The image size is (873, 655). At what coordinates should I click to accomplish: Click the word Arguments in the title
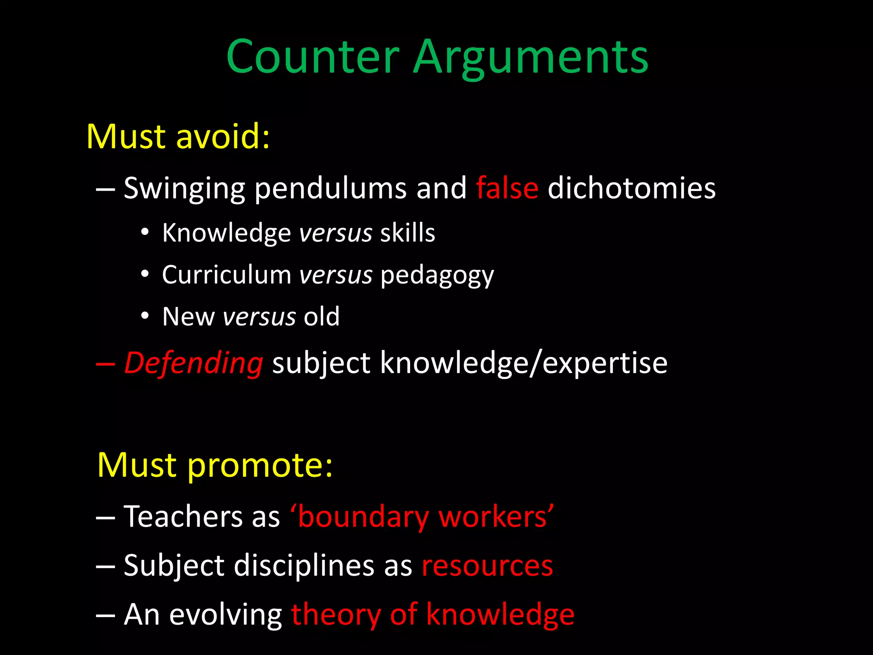(530, 57)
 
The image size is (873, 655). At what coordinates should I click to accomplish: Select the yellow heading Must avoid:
(178, 136)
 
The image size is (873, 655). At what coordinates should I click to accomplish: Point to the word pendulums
(330, 188)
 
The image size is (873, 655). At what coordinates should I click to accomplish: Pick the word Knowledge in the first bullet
(226, 233)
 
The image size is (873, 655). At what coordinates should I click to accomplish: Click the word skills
(408, 233)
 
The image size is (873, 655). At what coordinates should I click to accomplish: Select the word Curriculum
(226, 275)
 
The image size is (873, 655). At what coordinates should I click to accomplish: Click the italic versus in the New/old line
(259, 317)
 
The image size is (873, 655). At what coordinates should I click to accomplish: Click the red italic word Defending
(194, 363)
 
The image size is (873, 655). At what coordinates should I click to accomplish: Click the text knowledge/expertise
(523, 363)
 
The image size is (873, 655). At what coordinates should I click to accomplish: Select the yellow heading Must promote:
(214, 465)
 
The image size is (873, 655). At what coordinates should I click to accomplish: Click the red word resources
(487, 566)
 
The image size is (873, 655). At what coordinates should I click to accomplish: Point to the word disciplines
(304, 566)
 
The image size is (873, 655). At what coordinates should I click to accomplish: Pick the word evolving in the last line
(225, 615)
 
